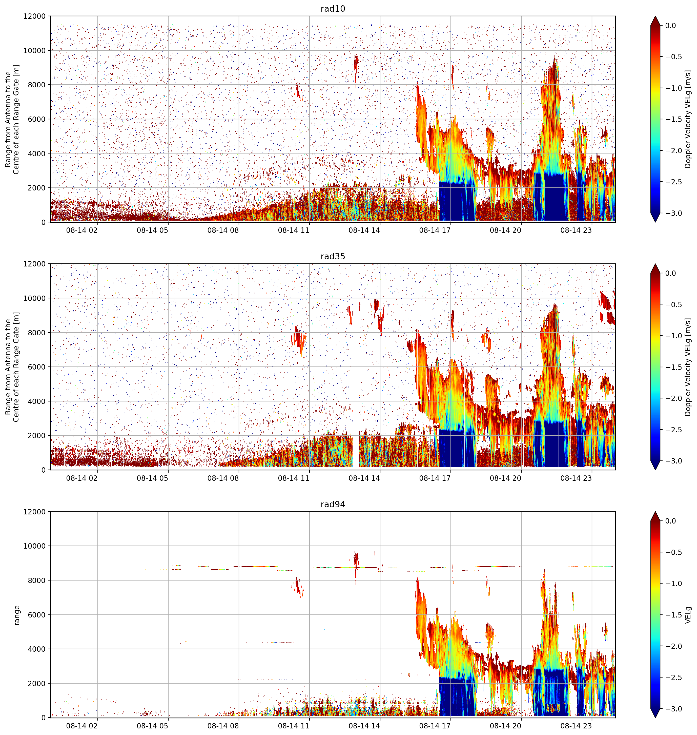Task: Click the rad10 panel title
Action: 333,9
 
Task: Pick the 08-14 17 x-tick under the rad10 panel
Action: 435,230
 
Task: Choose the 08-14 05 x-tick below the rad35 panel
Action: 152,478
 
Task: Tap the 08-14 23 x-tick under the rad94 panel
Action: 576,726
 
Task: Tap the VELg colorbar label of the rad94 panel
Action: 688,615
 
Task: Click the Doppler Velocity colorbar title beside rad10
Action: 688,119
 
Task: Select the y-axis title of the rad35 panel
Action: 12,367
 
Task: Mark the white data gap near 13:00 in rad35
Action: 356,450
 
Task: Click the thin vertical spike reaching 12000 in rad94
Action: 360,558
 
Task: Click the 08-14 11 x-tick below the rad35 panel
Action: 294,478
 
